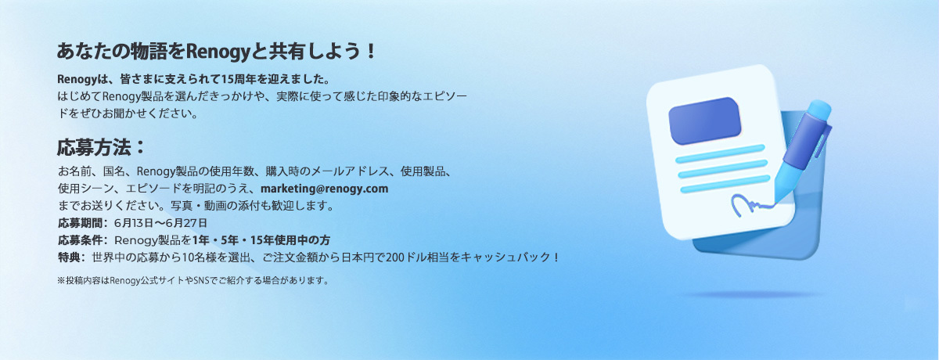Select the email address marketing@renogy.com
(x=325, y=189)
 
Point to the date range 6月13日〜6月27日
(x=161, y=223)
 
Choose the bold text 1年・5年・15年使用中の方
(x=261, y=240)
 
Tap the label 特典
(x=69, y=257)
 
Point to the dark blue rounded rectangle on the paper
(x=705, y=121)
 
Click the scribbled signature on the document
(x=753, y=205)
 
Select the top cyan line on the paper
(x=720, y=153)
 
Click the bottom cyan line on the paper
(x=725, y=184)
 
